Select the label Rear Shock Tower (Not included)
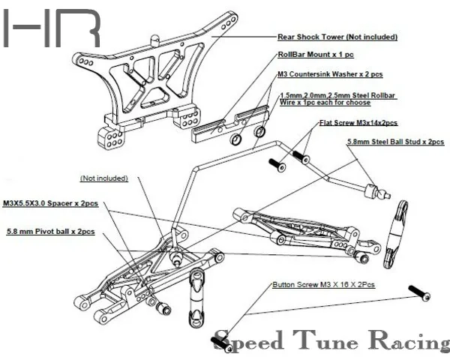click(x=337, y=36)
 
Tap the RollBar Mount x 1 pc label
click(x=305, y=55)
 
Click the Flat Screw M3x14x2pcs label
click(x=358, y=122)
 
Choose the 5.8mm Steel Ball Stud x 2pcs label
click(x=394, y=141)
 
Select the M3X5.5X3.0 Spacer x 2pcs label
click(x=51, y=203)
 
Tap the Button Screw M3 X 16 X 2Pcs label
click(x=322, y=286)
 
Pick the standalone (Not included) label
click(x=103, y=178)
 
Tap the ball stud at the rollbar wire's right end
click(x=374, y=191)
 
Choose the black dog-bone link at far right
click(x=395, y=234)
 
